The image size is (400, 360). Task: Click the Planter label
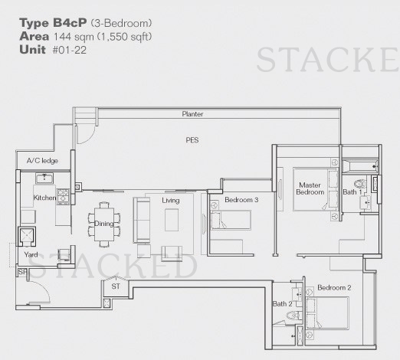[x=192, y=114]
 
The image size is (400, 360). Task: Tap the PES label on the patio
[x=192, y=140]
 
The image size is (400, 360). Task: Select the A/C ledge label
[x=42, y=161]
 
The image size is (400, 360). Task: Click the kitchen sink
[x=44, y=178]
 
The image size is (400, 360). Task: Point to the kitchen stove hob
[x=63, y=196]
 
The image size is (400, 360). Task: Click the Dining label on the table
[x=104, y=224]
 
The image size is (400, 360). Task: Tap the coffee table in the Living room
[x=172, y=220]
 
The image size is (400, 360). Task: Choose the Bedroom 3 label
[x=241, y=200]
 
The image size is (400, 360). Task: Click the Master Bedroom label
[x=310, y=188]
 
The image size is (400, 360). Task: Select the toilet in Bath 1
[x=360, y=184]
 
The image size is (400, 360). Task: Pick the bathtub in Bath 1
[x=360, y=166]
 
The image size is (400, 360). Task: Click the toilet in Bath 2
[x=293, y=316]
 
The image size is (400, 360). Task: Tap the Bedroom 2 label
[x=334, y=288]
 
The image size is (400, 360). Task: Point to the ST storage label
[x=116, y=286]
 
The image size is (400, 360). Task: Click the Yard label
[x=31, y=254]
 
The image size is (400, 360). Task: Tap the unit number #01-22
[x=70, y=50]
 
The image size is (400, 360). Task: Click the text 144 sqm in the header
[x=74, y=37]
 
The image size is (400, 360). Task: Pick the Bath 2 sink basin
[x=297, y=294]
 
